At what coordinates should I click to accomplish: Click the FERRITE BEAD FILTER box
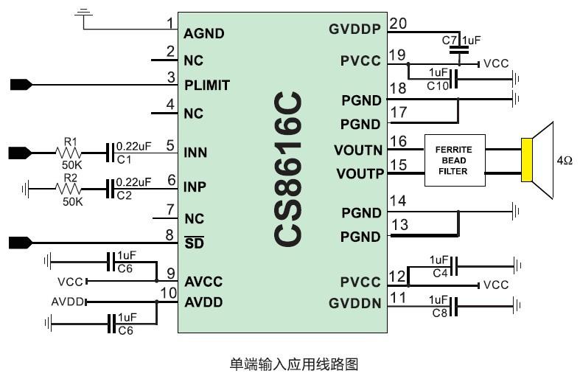[x=454, y=161]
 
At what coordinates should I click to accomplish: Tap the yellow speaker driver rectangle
[x=526, y=159]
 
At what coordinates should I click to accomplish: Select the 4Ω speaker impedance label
[x=565, y=159]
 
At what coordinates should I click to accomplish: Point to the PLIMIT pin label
[x=206, y=86]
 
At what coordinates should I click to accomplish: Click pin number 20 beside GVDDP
[x=398, y=24]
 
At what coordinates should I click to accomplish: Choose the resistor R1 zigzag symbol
[x=71, y=153]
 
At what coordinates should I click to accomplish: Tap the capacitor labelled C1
[x=110, y=153]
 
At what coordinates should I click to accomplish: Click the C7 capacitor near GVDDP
[x=460, y=49]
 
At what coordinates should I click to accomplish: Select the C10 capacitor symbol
[x=455, y=78]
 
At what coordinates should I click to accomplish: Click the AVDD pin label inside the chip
[x=203, y=302]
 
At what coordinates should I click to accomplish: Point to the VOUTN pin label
[x=358, y=150]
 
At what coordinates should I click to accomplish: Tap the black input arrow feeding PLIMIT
[x=20, y=85]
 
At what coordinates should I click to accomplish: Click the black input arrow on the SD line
[x=20, y=242]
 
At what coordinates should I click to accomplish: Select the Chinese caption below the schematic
[x=293, y=364]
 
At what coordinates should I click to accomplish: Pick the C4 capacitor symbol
[x=455, y=265]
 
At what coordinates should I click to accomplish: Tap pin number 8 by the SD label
[x=170, y=235]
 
